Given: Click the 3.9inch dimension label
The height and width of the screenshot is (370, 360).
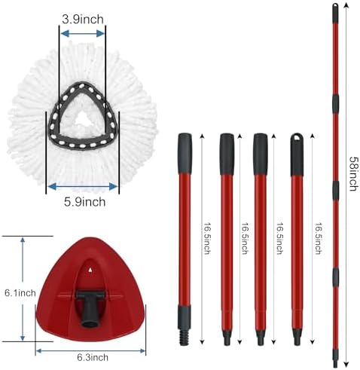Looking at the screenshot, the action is (x=83, y=20).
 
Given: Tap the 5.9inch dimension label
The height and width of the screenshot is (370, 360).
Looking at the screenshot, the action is (x=84, y=202).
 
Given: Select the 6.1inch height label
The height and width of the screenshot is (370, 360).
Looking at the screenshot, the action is (x=20, y=293).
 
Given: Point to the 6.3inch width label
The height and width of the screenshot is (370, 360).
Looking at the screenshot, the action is (x=93, y=357).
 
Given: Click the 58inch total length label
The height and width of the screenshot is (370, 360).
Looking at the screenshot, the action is (x=354, y=174).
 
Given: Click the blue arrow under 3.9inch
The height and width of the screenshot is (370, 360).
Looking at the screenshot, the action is (x=83, y=33).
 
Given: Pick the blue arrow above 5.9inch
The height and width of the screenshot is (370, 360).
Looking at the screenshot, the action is (x=83, y=186).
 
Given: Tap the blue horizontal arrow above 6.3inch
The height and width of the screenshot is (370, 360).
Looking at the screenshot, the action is (x=90, y=350).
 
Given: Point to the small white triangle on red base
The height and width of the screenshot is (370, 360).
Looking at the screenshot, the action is (x=90, y=269).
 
